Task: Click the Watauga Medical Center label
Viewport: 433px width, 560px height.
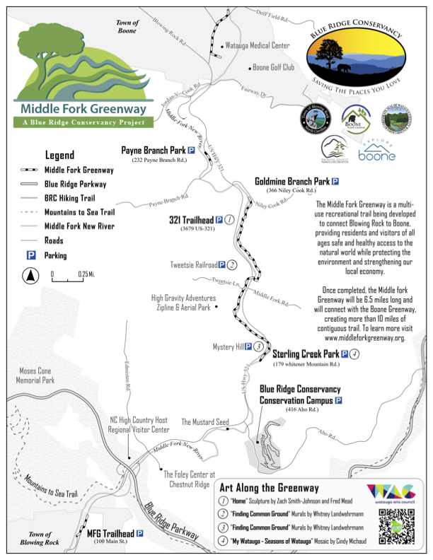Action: coord(258,46)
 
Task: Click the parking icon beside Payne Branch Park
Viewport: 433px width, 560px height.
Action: coord(191,151)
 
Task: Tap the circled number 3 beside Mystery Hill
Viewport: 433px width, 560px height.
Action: coord(259,347)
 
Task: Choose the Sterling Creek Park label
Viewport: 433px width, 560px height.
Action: coord(306,354)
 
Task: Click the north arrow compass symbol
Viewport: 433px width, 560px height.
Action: coord(30,276)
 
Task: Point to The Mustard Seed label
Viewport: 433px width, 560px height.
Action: coord(205,422)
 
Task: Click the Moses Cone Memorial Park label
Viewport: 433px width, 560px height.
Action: coord(34,375)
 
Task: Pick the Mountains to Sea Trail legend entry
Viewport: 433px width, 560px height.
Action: coord(79,211)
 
